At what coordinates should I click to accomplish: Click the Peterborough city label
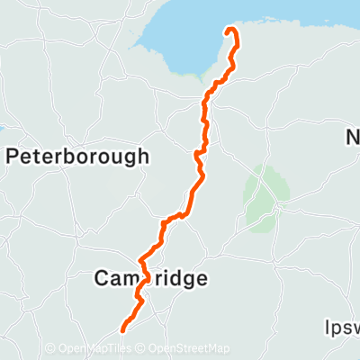click(77, 157)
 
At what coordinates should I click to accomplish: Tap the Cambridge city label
click(150, 279)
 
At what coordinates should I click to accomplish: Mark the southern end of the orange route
click(121, 328)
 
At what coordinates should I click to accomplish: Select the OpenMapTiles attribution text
click(95, 349)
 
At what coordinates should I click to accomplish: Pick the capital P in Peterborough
click(12, 157)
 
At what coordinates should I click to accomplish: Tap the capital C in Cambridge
click(102, 279)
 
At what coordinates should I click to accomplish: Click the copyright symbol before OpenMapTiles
click(50, 349)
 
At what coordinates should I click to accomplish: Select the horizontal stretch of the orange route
click(173, 218)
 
